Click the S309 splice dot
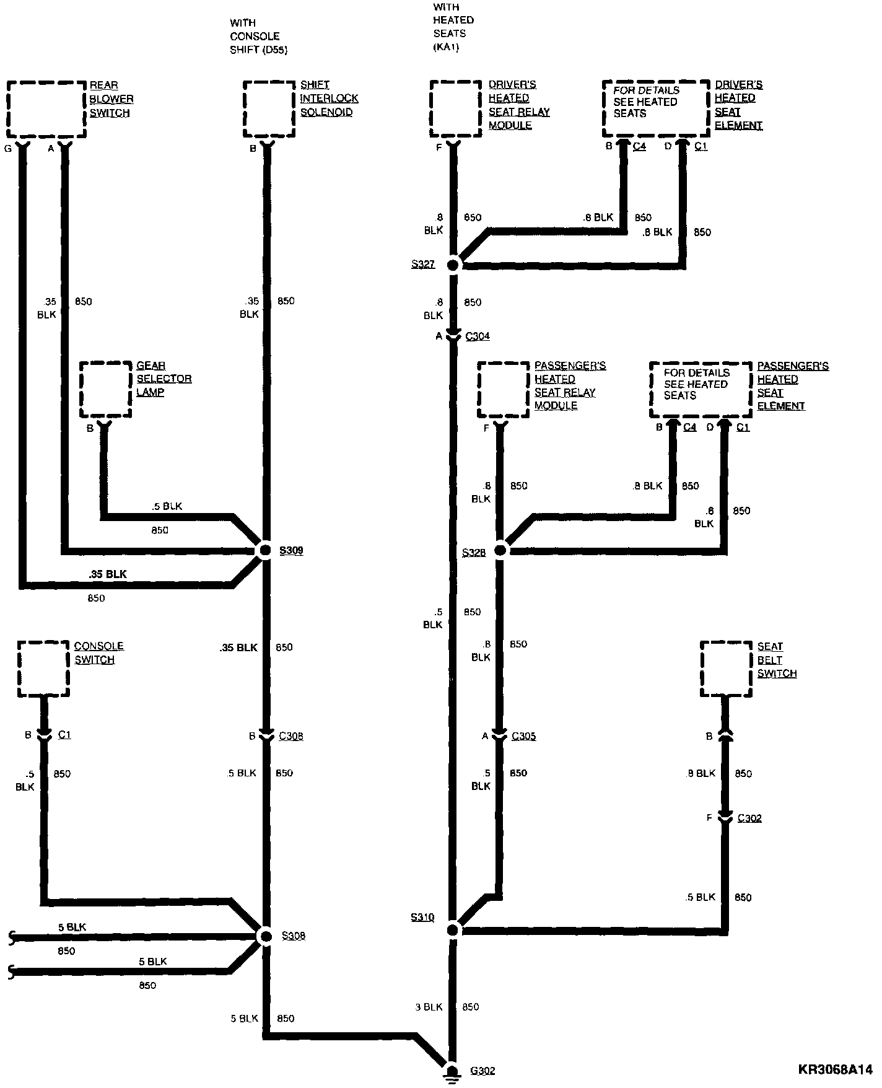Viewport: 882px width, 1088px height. coord(265,550)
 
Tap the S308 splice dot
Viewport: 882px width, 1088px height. coord(265,936)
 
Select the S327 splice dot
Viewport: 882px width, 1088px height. coord(453,265)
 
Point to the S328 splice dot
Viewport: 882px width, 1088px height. coord(500,550)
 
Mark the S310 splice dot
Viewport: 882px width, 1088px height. coord(453,929)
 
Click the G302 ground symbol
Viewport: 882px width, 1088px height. coord(453,1072)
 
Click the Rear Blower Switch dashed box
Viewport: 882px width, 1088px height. coord(46,109)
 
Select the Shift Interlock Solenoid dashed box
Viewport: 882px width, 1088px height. coord(269,109)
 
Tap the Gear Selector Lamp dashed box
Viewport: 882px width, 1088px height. coord(106,390)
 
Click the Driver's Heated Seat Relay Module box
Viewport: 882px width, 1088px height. coord(456,109)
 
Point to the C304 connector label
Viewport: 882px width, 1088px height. coord(478,336)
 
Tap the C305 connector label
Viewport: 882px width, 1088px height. coord(523,736)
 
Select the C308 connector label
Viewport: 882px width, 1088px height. coord(290,736)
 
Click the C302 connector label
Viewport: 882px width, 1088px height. coord(749,818)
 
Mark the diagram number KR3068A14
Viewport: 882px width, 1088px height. coord(835,1069)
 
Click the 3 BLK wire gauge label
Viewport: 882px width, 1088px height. coord(429,1007)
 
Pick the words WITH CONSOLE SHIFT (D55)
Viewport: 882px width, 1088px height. coord(258,37)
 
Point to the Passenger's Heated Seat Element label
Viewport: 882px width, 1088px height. coord(792,386)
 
